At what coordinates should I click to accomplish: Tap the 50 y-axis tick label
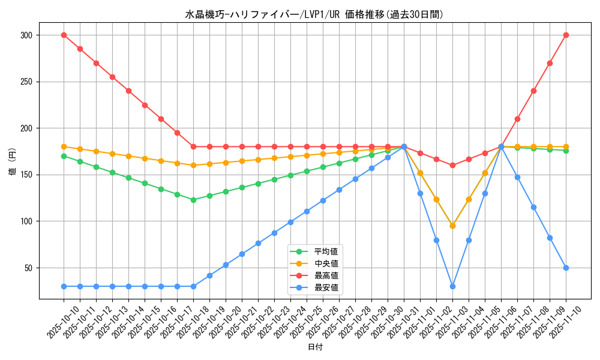pos(28,268)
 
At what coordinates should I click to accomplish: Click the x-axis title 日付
pos(314,347)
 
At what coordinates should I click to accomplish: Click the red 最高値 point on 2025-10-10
pos(64,35)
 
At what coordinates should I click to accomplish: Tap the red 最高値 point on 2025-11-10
pos(566,35)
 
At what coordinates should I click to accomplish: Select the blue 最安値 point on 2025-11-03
pos(452,286)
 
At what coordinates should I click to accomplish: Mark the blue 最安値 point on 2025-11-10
pos(566,268)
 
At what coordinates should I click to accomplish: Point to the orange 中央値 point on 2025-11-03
pos(452,226)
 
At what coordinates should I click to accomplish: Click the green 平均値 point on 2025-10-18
pos(193,200)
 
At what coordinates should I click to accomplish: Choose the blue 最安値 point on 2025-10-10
pos(64,286)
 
